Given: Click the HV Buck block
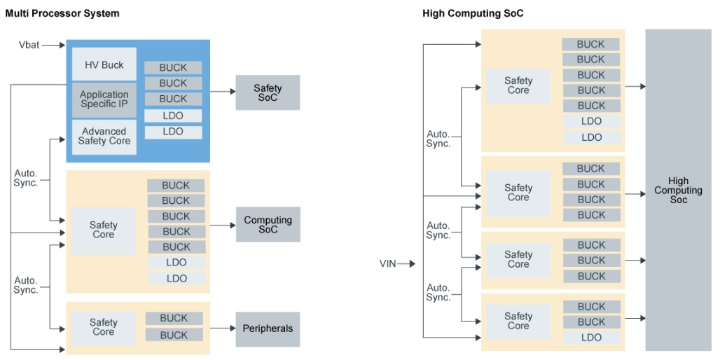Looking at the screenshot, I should pyautogui.click(x=104, y=64).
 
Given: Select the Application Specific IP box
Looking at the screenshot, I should pyautogui.click(x=104, y=99).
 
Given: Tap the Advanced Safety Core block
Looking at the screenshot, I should pyautogui.click(x=104, y=136).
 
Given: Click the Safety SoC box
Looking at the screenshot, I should pyautogui.click(x=268, y=92).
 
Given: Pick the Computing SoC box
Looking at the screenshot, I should pyautogui.click(x=268, y=225).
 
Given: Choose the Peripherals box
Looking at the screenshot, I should pyautogui.click(x=268, y=328).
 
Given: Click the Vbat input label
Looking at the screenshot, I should pyautogui.click(x=29, y=46).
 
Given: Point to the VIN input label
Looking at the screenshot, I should pyautogui.click(x=387, y=264).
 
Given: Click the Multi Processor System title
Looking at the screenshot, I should pyautogui.click(x=62, y=13).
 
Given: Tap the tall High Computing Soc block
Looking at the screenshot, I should pyautogui.click(x=678, y=190).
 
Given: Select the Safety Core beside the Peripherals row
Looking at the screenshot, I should pyautogui.click(x=104, y=327).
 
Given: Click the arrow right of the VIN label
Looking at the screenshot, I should pyautogui.click(x=408, y=264).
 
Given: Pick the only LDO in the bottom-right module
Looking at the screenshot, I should pyautogui.click(x=591, y=338).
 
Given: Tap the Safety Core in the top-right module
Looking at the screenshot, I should pyautogui.click(x=518, y=85).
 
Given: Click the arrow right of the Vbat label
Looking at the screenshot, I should pyautogui.click(x=53, y=46).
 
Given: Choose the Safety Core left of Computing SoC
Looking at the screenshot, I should pyautogui.click(x=104, y=230).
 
